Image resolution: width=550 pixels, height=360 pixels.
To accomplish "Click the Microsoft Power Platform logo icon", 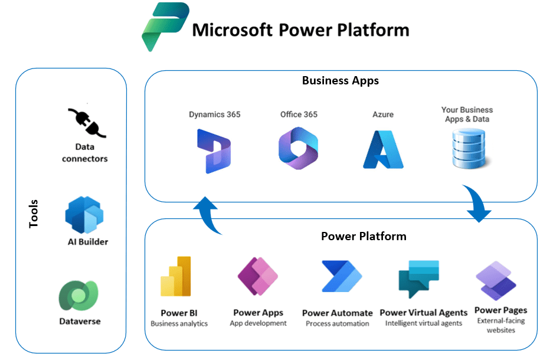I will (165, 27).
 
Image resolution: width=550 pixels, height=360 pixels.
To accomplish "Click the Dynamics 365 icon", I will (214, 151).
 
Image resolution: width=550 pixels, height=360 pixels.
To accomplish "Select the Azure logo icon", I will (382, 149).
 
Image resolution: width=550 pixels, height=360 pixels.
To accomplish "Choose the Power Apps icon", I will (258, 276).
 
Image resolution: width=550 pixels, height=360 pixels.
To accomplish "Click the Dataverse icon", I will (78, 295).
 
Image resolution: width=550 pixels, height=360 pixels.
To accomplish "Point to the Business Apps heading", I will (341, 81).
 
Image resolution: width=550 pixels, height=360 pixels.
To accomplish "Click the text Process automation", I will (338, 323).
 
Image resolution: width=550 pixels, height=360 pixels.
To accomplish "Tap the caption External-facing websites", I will (500, 325).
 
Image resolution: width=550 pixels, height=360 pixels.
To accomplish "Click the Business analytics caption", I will (179, 323).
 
